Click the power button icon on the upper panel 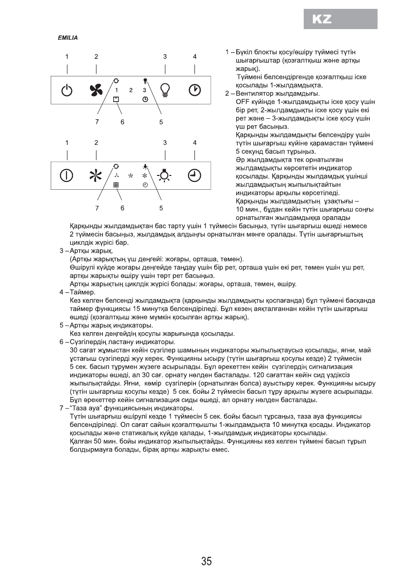(x=67, y=90)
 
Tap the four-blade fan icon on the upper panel (x=96, y=90)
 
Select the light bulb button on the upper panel (x=165, y=90)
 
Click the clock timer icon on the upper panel (x=195, y=90)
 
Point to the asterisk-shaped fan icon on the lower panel (x=96, y=175)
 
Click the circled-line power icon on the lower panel (x=67, y=175)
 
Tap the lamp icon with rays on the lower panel (x=165, y=175)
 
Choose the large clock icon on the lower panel (x=195, y=175)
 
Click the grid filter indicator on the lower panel (x=116, y=184)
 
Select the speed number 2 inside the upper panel (x=130, y=90)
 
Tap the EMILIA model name (x=67, y=37)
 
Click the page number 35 (x=206, y=561)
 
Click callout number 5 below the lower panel (x=161, y=207)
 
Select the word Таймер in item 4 (x=85, y=292)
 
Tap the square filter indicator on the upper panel (x=116, y=99)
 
